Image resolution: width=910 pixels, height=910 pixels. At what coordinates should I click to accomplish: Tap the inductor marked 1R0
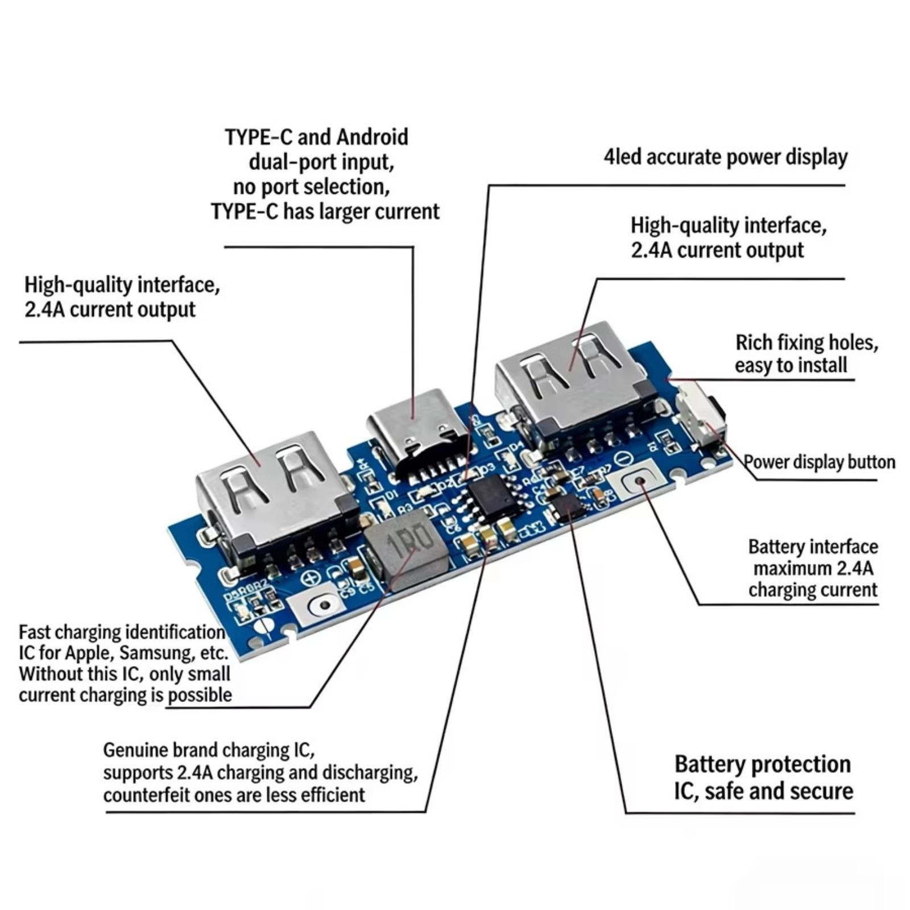point(403,546)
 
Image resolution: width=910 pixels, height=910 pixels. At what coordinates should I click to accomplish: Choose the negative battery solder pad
point(638,482)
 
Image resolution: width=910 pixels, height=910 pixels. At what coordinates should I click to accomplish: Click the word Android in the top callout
point(373,137)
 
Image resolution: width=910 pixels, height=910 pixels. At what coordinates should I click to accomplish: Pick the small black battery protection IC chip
point(566,506)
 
